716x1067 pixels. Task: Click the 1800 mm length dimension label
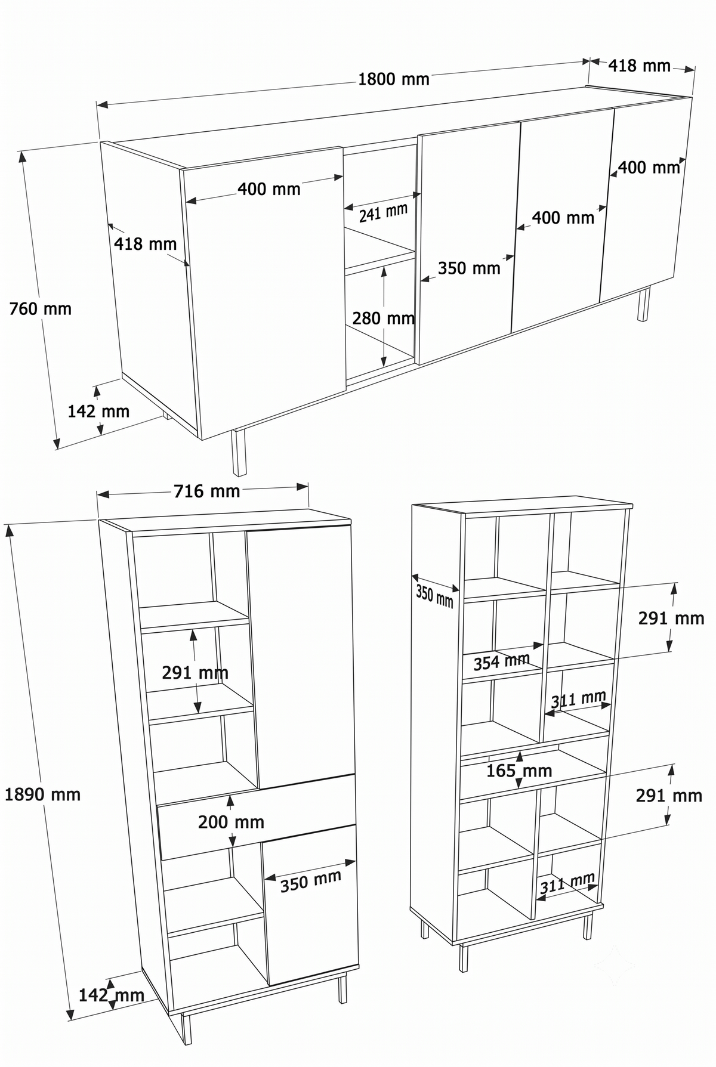click(x=393, y=79)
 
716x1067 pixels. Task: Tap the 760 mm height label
click(x=40, y=309)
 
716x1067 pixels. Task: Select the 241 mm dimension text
click(x=383, y=213)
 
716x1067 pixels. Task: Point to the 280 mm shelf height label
click(x=383, y=318)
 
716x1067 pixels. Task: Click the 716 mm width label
click(x=206, y=491)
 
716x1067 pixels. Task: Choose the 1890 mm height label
click(x=42, y=794)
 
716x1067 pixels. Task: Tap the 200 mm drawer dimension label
click(x=231, y=822)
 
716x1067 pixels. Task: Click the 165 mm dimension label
click(x=519, y=771)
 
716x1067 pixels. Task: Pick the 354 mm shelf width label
click(x=501, y=661)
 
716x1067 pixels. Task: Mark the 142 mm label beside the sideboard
click(x=98, y=412)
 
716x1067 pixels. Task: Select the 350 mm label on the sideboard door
click(x=469, y=268)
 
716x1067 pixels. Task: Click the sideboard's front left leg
click(x=239, y=452)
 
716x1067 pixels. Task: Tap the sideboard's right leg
click(x=643, y=305)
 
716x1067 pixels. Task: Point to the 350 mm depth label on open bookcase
click(x=434, y=596)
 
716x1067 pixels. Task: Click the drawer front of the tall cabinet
click(x=257, y=817)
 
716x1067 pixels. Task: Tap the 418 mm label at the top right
click(x=639, y=66)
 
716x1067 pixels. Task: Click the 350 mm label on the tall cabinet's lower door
click(x=310, y=881)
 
